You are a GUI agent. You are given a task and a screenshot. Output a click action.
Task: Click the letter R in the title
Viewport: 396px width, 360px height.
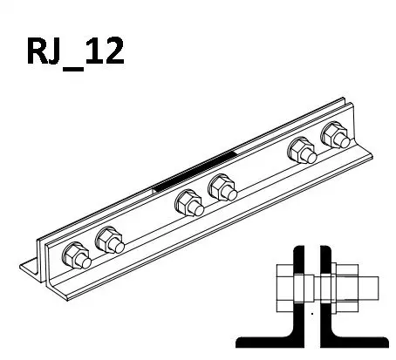[38, 51]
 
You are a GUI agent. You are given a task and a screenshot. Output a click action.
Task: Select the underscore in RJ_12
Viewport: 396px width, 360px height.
[73, 69]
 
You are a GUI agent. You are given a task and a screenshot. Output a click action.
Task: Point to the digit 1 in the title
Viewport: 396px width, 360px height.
[93, 51]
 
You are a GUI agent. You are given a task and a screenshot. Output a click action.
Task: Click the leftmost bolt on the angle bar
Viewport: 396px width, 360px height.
[77, 255]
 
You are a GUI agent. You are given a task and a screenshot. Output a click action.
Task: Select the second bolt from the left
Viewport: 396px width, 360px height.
[110, 240]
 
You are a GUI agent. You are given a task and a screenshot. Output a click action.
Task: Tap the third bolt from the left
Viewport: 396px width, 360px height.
[189, 203]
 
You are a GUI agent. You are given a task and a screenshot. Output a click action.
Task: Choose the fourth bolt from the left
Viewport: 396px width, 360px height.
[222, 187]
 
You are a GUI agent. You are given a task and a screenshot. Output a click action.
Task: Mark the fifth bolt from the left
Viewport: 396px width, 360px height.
[302, 150]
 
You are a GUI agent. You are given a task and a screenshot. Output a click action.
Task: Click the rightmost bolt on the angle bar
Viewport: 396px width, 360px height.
[336, 135]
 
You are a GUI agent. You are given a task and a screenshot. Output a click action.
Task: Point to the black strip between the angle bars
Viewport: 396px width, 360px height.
[195, 172]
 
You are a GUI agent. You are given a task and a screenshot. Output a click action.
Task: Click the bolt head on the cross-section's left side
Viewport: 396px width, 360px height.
[285, 288]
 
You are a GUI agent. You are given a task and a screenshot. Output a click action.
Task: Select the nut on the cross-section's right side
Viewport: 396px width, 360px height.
[347, 288]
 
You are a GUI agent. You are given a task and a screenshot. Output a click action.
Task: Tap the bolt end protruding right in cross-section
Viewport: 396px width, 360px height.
[368, 288]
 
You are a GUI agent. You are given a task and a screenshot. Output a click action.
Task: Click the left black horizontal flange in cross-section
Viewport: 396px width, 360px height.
[269, 342]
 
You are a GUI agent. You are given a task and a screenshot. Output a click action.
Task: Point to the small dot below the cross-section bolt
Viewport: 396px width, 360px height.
[312, 314]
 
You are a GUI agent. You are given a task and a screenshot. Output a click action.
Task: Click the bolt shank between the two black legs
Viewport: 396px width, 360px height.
[312, 288]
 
